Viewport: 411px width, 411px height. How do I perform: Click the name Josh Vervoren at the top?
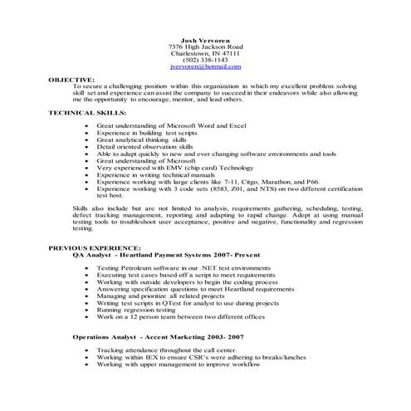pos(205,40)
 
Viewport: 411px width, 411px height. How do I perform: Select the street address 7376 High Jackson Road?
pos(205,46)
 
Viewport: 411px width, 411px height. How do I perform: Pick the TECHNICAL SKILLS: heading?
pos(83,110)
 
